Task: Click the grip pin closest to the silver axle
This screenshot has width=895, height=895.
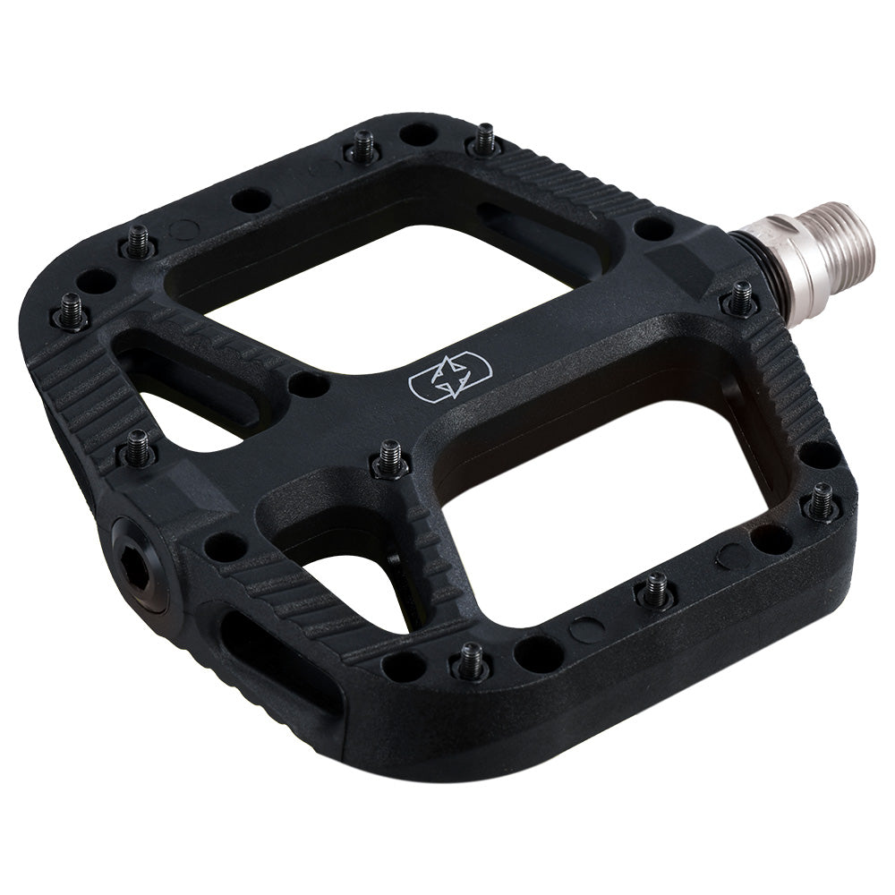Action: point(741,298)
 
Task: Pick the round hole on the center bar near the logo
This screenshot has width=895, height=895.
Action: point(310,384)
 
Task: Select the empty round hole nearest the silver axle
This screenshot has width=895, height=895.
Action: point(654,229)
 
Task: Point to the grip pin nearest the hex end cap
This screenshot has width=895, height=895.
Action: point(139,447)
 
